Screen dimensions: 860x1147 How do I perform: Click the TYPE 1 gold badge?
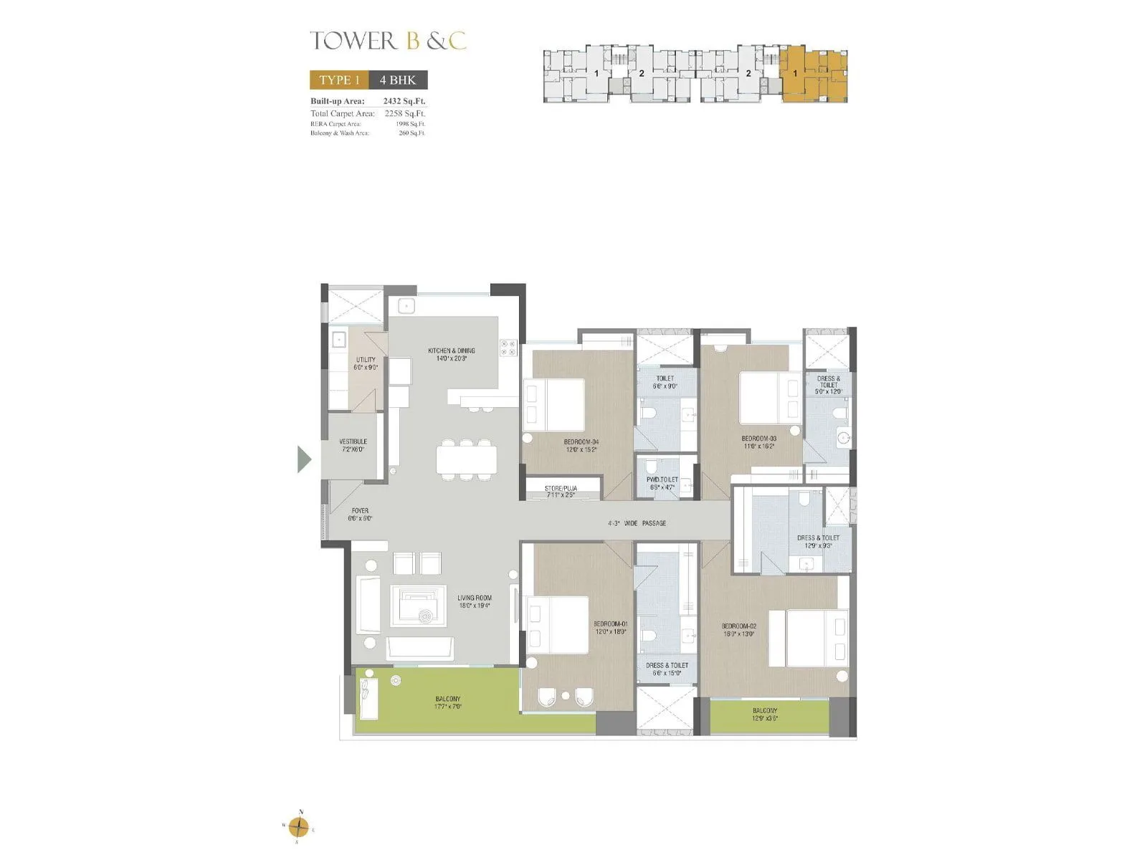point(339,80)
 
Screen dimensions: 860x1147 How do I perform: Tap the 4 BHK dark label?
point(398,80)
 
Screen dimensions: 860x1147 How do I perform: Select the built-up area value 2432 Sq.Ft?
point(404,101)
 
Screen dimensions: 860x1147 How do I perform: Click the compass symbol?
point(300,827)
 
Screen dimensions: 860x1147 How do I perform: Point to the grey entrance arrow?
point(305,459)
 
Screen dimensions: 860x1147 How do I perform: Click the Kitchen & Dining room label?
point(451,354)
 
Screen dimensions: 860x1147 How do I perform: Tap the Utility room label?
point(366,363)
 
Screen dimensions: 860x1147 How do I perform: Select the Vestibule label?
point(353,445)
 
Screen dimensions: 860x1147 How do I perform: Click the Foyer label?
point(360,515)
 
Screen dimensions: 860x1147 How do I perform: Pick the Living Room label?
point(475,601)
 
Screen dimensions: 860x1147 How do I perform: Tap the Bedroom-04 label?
point(580,445)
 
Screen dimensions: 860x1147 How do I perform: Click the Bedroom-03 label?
point(758,441)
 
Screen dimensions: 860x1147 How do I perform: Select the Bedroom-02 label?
point(738,629)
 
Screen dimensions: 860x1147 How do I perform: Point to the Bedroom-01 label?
point(610,627)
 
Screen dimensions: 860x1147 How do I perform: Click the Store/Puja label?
point(561,491)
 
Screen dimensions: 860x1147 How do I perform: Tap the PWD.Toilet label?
point(662,483)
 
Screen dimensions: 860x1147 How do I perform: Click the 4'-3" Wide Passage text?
point(637,523)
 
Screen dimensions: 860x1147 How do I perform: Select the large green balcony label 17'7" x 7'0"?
point(448,702)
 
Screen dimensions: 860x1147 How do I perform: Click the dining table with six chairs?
point(466,459)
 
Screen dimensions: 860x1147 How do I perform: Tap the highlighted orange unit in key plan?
point(812,75)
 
